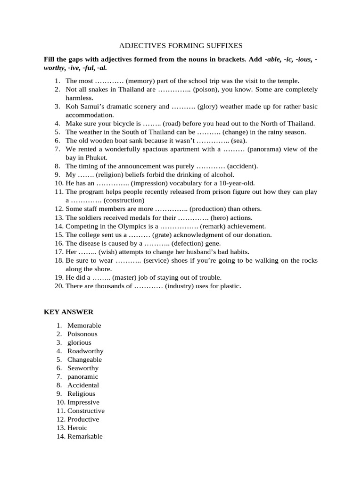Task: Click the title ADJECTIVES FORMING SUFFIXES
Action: tap(181, 46)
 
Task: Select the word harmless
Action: tap(79, 98)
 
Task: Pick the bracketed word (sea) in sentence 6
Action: tap(239, 141)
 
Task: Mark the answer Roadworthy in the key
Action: tap(85, 351)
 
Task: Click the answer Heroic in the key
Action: tap(77, 428)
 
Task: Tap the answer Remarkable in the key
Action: tap(85, 436)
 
